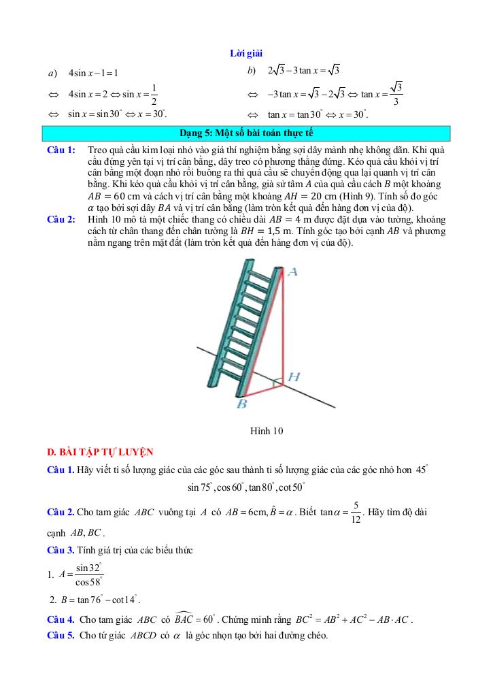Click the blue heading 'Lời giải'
click(x=246, y=53)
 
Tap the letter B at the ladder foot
click(x=241, y=404)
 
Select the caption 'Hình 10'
click(x=266, y=430)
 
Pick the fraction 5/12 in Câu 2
click(x=356, y=510)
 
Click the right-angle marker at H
click(x=277, y=383)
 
